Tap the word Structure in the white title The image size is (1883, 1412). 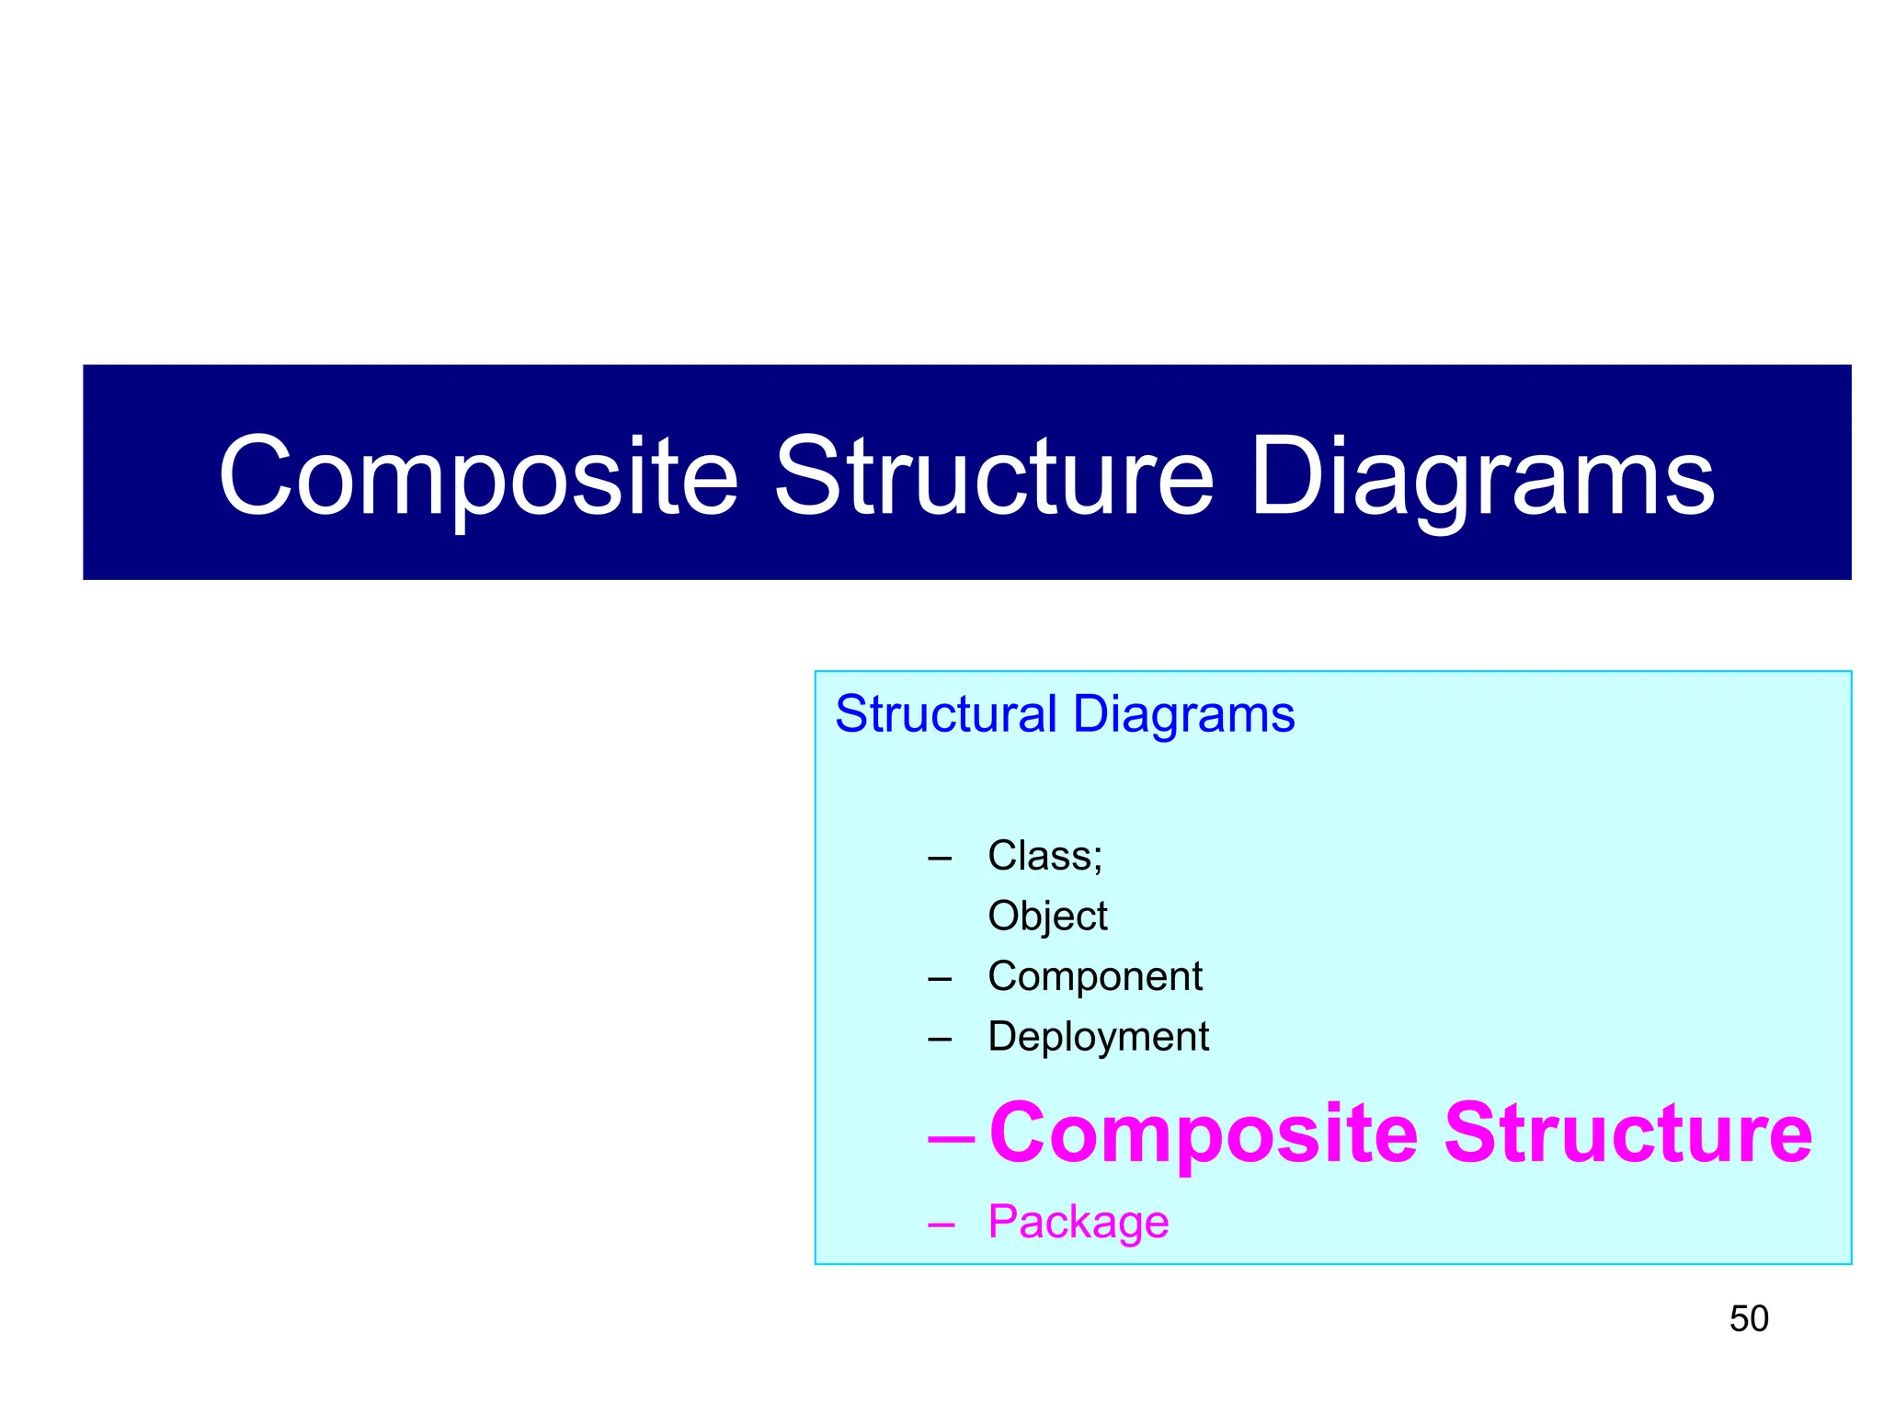click(995, 476)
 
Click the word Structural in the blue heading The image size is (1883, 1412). click(946, 714)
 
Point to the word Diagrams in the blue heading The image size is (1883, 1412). click(1183, 714)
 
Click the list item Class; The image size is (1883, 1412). click(1044, 856)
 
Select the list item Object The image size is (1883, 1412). click(1047, 917)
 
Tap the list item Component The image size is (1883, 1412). click(1094, 976)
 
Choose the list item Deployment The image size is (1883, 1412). click(1098, 1037)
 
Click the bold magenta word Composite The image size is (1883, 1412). click(1204, 1133)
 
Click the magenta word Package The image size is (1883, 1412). click(1078, 1223)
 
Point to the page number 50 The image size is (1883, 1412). click(1749, 1319)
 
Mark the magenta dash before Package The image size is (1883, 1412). click(941, 1225)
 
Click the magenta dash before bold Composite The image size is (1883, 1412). click(952, 1139)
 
